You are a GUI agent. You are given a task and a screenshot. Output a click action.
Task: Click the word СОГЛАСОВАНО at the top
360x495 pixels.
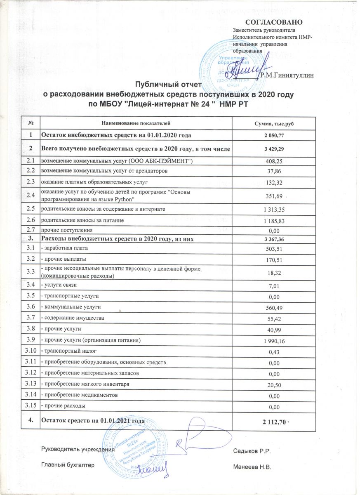coord(274,22)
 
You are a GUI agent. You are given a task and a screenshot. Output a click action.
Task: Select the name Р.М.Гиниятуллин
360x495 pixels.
coord(288,75)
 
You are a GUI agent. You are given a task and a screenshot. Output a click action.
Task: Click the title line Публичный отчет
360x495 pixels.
coord(169,86)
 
